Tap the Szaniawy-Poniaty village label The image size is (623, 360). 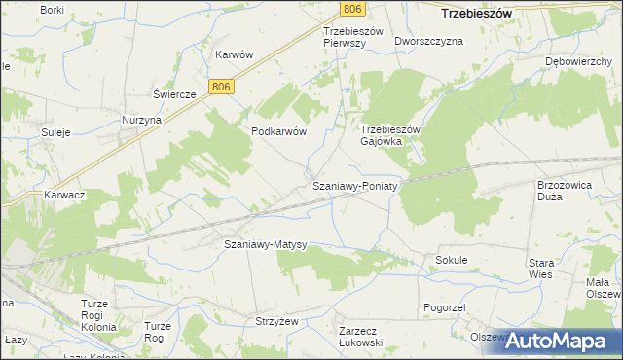tap(354, 186)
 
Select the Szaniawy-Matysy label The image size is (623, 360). tap(266, 244)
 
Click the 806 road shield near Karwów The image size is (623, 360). tap(222, 88)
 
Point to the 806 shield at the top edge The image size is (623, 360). tap(353, 9)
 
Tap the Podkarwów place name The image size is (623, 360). tap(279, 132)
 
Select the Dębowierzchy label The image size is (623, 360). tap(578, 60)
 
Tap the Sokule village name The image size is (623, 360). tap(452, 261)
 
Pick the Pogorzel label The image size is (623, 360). tap(447, 307)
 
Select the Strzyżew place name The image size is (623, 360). tap(276, 319)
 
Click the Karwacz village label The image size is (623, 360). tap(64, 195)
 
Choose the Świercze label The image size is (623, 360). tap(175, 94)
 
